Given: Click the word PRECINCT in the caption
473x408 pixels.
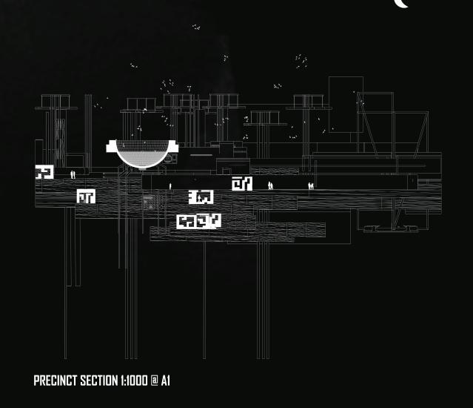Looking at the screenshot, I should [x=56, y=381].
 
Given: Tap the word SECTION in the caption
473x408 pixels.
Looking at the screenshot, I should [x=99, y=381].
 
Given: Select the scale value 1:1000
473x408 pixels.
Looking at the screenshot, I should [x=135, y=381].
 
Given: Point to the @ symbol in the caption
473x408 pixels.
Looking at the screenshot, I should [x=155, y=381].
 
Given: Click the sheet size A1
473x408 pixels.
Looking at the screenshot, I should [x=166, y=381].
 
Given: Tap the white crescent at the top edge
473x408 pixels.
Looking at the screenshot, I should [x=400, y=4].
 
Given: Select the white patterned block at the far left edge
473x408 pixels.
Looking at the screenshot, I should [x=44, y=172].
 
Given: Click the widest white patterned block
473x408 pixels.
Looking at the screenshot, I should [x=198, y=221].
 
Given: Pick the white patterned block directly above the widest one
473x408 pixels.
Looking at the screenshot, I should [x=201, y=197].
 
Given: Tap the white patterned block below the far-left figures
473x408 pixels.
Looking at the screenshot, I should [x=86, y=197].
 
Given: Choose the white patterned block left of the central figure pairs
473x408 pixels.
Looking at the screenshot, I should [x=242, y=183].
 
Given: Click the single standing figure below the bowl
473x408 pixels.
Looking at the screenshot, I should [x=170, y=185].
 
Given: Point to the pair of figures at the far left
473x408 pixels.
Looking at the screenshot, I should [x=73, y=175].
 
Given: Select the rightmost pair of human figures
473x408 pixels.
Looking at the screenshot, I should [x=311, y=185].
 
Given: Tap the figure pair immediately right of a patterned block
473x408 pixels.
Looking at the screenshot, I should [x=270, y=185].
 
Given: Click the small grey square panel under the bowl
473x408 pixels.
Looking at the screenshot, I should [x=147, y=200].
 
